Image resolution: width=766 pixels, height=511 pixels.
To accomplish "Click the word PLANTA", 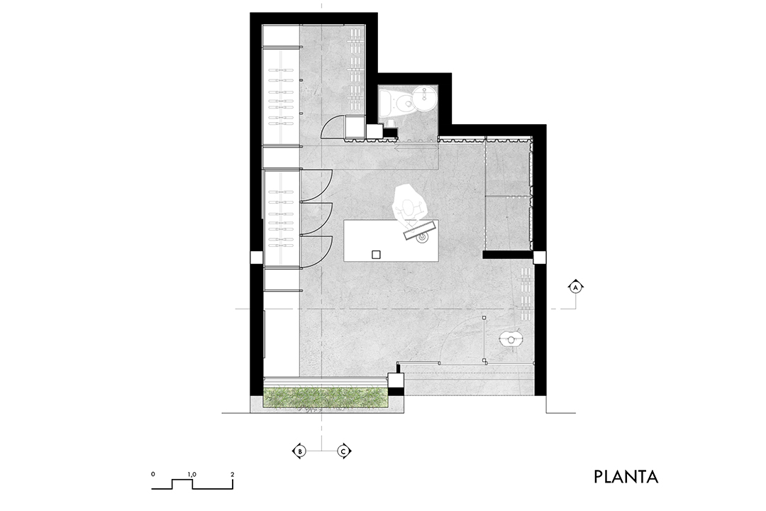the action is (x=626, y=477).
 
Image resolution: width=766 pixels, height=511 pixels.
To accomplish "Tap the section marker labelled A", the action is (x=576, y=287).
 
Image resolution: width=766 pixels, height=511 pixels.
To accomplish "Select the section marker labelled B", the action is (x=299, y=451).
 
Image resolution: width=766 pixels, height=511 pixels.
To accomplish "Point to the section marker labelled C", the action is (x=343, y=451).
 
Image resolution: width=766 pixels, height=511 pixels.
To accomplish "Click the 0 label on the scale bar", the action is (x=153, y=474).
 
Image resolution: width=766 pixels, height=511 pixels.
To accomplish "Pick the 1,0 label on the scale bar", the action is (x=191, y=474).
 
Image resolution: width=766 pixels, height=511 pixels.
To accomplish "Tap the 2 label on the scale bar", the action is (x=233, y=474).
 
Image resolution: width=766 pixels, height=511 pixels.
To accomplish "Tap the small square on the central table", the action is (x=376, y=254).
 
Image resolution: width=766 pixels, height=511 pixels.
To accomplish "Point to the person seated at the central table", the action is (x=409, y=204).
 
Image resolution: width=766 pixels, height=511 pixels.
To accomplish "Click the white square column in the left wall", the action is (x=257, y=257).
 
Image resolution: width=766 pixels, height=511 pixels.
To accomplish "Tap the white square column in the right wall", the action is (x=539, y=257).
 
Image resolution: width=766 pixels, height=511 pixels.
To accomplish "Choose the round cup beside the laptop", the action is (x=421, y=238).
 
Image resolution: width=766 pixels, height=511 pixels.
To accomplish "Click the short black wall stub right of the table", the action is (x=508, y=255).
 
